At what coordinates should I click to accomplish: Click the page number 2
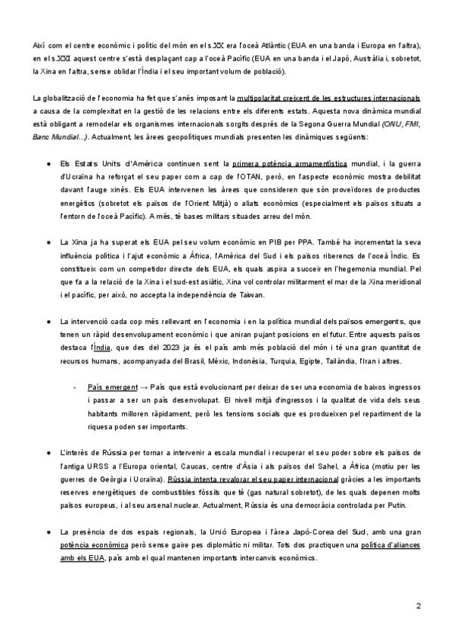[x=418, y=606]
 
